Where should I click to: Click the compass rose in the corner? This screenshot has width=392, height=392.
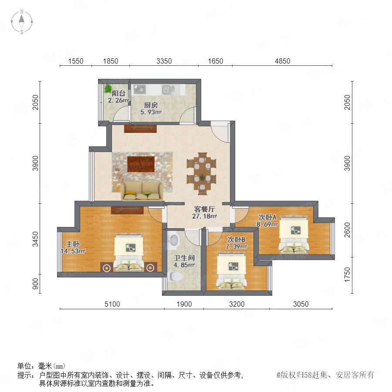22,22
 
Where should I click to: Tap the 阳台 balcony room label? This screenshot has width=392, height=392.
118,94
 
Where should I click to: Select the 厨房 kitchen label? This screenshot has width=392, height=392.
151,105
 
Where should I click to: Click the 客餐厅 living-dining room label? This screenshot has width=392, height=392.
204,209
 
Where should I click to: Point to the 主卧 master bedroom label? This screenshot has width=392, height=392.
73,244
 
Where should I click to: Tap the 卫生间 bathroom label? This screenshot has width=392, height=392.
184,258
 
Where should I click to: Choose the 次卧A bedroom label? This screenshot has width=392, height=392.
267,217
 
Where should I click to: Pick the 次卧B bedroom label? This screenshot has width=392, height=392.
236,240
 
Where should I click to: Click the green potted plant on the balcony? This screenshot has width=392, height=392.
108,88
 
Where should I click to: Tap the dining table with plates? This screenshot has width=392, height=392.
202,174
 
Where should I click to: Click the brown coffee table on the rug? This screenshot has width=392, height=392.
141,164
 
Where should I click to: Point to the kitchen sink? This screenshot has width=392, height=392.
167,89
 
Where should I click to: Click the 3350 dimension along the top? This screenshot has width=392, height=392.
164,61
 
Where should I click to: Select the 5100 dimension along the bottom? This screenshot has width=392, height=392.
112,304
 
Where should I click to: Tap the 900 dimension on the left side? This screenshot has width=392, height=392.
36,284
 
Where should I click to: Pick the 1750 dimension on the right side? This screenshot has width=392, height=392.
347,275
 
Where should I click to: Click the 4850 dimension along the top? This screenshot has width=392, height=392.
283,61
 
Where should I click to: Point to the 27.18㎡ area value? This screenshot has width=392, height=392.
204,216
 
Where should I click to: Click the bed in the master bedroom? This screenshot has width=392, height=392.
129,253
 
